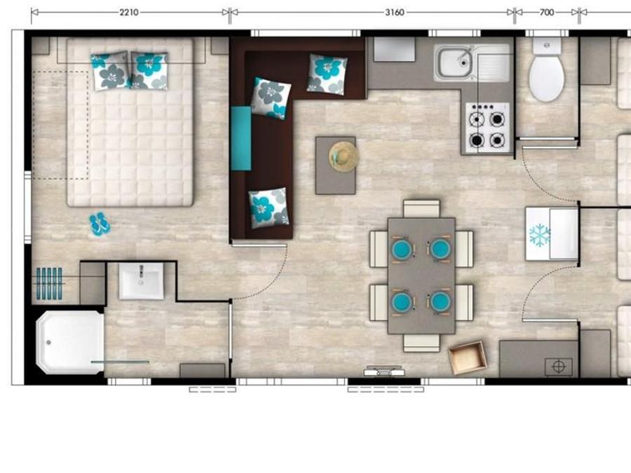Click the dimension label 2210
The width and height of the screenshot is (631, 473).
pos(129,13)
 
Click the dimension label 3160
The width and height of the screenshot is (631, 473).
pos(394,13)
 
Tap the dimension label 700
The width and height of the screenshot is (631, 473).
pos(546,13)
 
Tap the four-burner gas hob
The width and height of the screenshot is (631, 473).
pos(487,128)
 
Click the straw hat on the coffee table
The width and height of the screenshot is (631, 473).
pos(344,157)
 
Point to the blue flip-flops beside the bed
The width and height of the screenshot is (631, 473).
pos(100,224)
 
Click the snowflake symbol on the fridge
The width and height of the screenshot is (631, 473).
pos(540,235)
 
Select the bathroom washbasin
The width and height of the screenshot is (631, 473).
pos(141,281)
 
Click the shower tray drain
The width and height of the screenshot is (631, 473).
pos(48,342)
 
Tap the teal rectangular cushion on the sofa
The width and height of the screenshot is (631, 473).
pos(241,138)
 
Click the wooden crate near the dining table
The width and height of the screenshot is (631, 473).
pos(467,357)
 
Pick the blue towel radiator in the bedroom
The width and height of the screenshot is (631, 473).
pos(49,284)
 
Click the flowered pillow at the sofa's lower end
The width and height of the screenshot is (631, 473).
pos(269,207)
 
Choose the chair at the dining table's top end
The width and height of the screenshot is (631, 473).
pos(421,209)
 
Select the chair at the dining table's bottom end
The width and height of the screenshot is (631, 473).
pos(421,343)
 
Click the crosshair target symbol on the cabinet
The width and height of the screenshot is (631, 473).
pos(559,366)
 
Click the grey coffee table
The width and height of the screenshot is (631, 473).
pos(335,165)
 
